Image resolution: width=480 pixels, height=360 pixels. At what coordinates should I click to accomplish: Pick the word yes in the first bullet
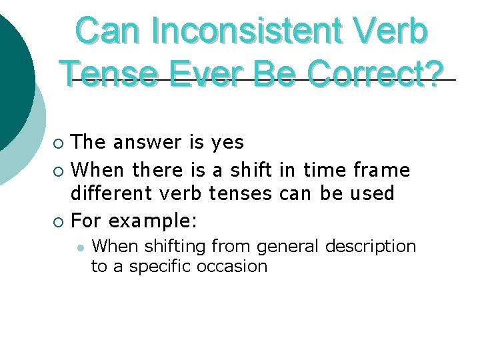pos(227,142)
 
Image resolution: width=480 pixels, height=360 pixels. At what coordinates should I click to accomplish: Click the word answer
pos(145,142)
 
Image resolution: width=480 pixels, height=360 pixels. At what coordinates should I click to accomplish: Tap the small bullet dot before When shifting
pos(80,247)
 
